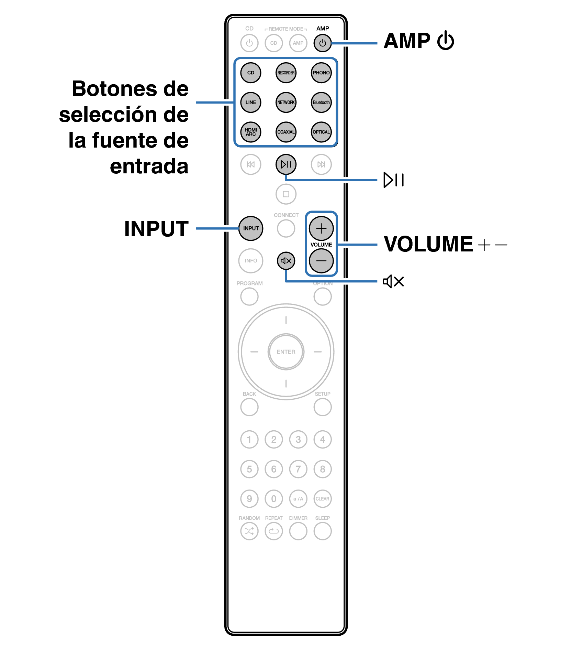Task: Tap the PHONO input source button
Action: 321,73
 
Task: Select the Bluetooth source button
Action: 321,103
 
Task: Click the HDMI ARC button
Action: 251,132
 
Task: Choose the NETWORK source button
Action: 286,103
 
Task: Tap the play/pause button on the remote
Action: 286,164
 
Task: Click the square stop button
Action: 286,194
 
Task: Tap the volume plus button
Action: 321,228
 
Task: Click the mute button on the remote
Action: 286,261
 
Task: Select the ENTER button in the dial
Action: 286,352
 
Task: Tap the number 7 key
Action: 298,469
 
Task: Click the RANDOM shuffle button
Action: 249,531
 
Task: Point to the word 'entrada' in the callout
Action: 149,166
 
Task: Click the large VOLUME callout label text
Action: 428,244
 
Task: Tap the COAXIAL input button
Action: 286,132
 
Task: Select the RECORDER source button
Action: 286,73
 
